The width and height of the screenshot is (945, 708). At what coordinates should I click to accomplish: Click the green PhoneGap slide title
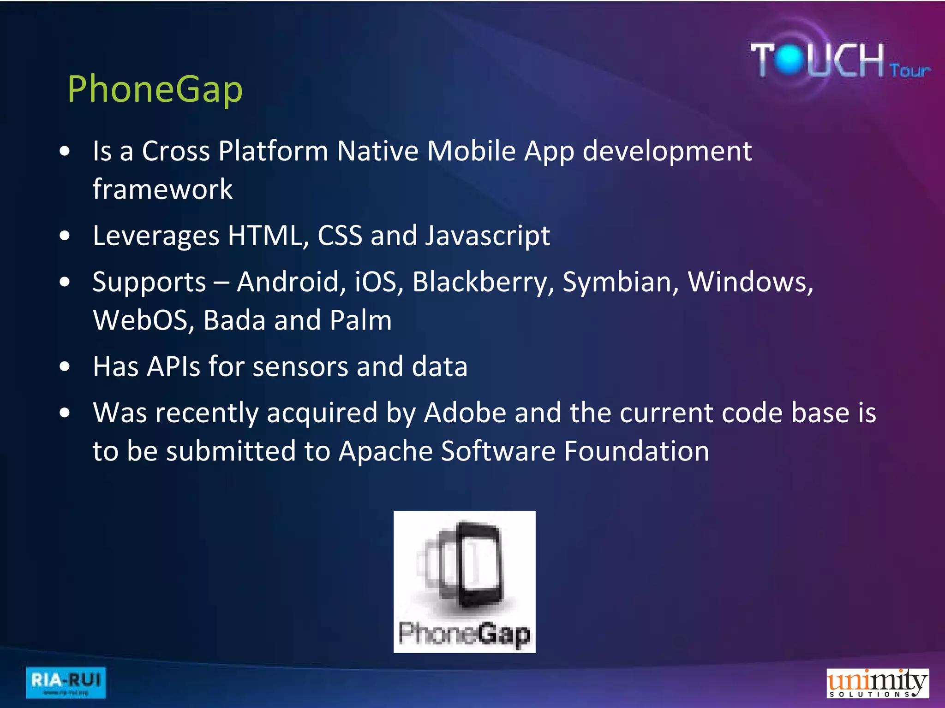[155, 89]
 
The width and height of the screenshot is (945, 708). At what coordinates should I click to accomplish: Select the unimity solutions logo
[877, 683]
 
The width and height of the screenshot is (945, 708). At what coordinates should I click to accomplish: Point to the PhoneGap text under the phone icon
[464, 634]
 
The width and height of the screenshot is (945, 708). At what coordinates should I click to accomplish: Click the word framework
[162, 189]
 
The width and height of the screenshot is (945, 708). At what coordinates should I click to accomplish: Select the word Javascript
[487, 236]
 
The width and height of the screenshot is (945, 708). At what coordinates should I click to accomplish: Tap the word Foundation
[636, 451]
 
